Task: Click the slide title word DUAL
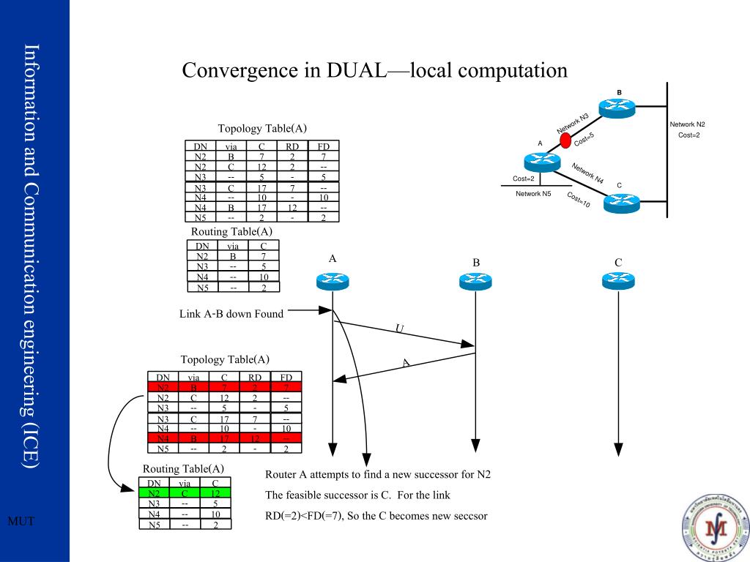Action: point(361,71)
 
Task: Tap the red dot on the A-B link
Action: point(565,140)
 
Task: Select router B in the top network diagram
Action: point(619,107)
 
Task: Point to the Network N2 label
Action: point(687,124)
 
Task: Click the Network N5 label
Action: point(533,194)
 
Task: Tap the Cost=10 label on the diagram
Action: point(578,200)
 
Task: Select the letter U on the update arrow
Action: point(399,329)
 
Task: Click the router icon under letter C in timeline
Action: point(618,280)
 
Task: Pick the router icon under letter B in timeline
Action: point(475,281)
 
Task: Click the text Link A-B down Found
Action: point(231,314)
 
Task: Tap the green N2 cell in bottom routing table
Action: point(154,493)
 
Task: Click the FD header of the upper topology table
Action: point(323,146)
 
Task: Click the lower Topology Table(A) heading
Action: point(225,359)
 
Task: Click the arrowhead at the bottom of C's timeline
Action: point(618,447)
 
